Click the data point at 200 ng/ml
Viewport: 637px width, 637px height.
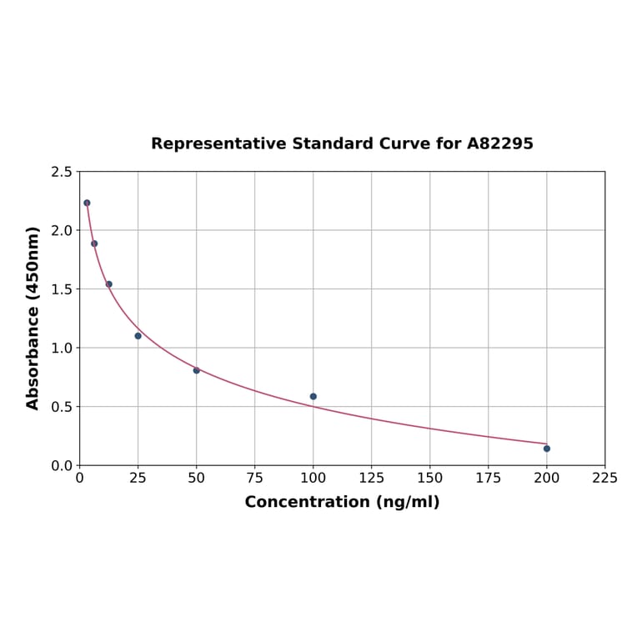547,449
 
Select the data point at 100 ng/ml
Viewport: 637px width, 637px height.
313,397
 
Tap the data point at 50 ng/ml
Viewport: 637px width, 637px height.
197,370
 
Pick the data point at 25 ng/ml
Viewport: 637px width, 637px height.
138,336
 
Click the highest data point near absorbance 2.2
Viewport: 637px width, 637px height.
87,203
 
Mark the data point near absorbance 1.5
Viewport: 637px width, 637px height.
109,284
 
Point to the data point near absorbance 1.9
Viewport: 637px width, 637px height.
94,243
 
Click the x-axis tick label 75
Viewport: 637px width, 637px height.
255,478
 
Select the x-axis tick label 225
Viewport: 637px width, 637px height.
605,478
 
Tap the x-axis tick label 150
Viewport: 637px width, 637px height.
430,478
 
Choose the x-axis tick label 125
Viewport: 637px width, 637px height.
372,478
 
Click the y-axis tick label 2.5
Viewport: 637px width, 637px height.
62,172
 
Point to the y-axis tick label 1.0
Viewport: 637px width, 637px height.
62,348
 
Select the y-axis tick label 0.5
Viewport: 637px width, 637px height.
62,407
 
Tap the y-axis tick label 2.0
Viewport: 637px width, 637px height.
62,230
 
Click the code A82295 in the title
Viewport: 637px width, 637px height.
499,143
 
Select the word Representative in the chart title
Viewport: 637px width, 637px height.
218,143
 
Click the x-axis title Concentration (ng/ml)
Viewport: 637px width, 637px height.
342,502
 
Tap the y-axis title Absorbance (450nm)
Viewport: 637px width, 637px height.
33,318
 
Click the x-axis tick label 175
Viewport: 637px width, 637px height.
489,478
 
